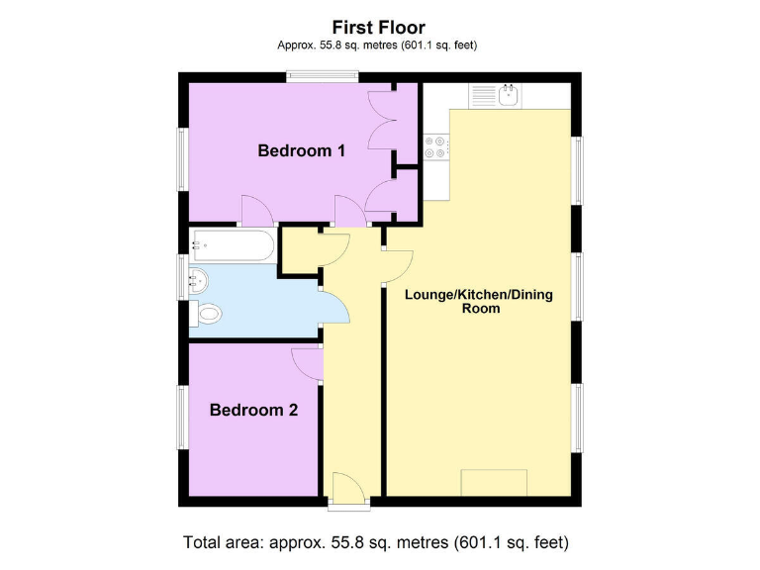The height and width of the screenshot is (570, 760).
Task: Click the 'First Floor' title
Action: pyautogui.click(x=379, y=28)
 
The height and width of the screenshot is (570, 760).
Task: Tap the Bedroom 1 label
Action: pyautogui.click(x=301, y=151)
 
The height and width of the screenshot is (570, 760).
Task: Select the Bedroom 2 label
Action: pyautogui.click(x=253, y=410)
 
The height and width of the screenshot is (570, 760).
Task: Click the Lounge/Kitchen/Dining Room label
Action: pyautogui.click(x=477, y=301)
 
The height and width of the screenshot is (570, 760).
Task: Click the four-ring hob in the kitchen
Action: pyautogui.click(x=436, y=146)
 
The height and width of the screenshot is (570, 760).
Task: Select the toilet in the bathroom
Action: pyautogui.click(x=208, y=315)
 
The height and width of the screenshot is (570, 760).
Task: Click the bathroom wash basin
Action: pyautogui.click(x=197, y=279)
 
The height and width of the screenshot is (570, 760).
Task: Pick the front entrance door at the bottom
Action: pyautogui.click(x=348, y=489)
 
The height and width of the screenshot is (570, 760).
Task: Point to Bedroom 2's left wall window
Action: pyautogui.click(x=181, y=416)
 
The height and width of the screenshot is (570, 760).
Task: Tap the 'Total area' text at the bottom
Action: pyautogui.click(x=376, y=543)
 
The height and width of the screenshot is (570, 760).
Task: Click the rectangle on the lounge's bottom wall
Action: pyautogui.click(x=494, y=483)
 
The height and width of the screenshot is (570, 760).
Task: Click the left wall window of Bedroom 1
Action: pyautogui.click(x=181, y=157)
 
